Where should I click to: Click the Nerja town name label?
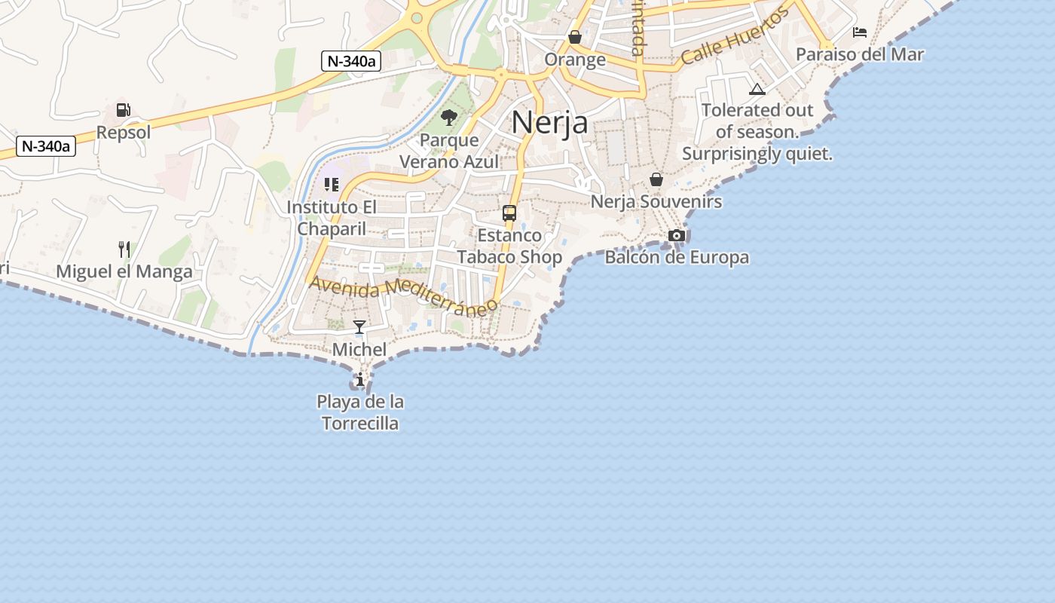pos(549,122)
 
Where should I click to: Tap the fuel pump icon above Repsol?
pos(123,110)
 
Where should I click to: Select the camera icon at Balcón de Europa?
pos(677,235)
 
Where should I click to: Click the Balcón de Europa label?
pos(677,257)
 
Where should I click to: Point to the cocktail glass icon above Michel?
pos(359,327)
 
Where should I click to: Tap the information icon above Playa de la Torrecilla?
pos(360,378)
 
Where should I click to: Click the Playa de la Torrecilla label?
pos(359,412)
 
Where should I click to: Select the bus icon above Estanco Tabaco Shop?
pos(509,213)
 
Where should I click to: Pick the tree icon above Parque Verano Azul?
pos(449,118)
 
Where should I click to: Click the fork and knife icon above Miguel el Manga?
pos(124,249)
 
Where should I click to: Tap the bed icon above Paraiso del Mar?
pos(860,32)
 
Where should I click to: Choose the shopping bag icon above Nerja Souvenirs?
pos(656,179)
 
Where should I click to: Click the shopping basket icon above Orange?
pos(575,37)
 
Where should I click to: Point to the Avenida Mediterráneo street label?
pos(404,293)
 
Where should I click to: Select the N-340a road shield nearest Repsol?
pos(46,146)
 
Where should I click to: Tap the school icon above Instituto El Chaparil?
pos(332,184)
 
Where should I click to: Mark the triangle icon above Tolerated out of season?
pos(757,89)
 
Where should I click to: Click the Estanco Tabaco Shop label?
pos(509,246)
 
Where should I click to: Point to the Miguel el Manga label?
pos(124,271)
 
